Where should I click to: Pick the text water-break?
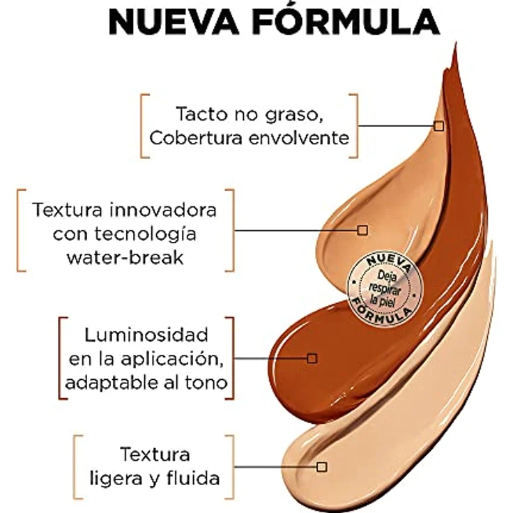point(125,256)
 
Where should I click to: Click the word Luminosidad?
point(137,335)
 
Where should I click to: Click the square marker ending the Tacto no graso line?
point(438,125)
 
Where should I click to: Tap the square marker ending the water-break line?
point(362,229)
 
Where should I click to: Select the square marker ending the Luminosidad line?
point(312,358)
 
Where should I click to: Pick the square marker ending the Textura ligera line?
point(321,466)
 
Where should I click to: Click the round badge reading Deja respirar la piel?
point(380,286)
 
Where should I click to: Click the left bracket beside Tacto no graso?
point(143,125)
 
